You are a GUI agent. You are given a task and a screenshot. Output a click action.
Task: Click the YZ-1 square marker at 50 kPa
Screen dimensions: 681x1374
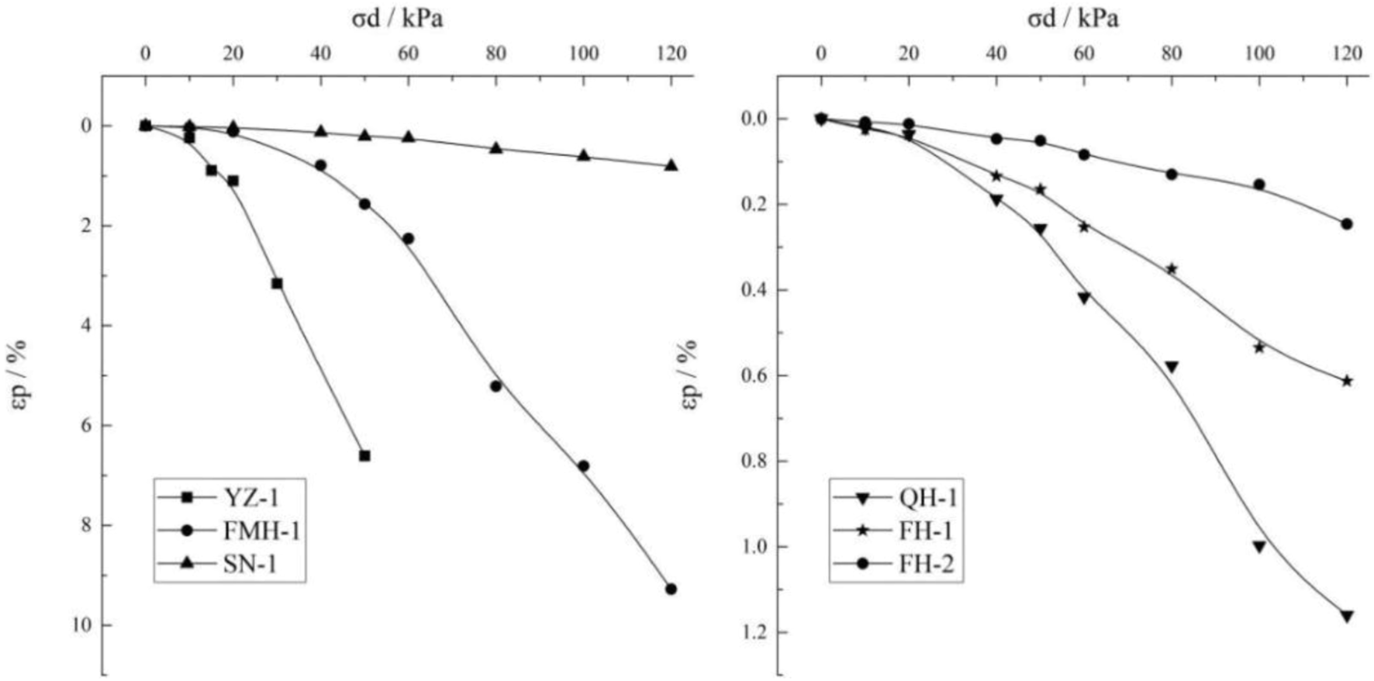pos(364,456)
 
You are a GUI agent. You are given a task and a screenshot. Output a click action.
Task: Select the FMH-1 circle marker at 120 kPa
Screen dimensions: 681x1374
pos(671,589)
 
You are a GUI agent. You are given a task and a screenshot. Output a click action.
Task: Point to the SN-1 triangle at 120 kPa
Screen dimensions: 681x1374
pos(671,165)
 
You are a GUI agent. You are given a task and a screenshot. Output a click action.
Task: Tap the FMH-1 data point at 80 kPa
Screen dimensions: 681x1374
pos(496,386)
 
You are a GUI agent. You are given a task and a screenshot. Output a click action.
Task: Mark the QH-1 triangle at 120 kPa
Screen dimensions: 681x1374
pos(1347,617)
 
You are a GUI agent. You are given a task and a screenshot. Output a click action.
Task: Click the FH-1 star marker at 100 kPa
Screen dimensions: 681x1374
pos(1259,347)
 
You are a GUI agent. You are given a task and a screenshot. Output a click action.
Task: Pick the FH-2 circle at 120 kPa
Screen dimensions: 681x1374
pos(1347,224)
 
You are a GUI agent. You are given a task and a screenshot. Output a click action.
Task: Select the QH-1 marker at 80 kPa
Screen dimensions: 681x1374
pos(1172,367)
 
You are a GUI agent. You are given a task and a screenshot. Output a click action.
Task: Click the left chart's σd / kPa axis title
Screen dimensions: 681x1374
pos(397,19)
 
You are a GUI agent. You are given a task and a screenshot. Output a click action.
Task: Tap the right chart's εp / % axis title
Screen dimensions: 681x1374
pos(689,375)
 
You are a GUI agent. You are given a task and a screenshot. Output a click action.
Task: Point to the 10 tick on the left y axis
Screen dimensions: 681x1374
pos(81,625)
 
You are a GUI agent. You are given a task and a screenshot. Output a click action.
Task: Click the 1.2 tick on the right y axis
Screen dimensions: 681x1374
pos(749,633)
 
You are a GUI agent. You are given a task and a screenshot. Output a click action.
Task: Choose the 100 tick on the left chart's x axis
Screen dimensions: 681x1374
pos(583,54)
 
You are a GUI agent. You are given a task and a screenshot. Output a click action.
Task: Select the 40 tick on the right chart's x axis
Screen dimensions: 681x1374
pos(996,54)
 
